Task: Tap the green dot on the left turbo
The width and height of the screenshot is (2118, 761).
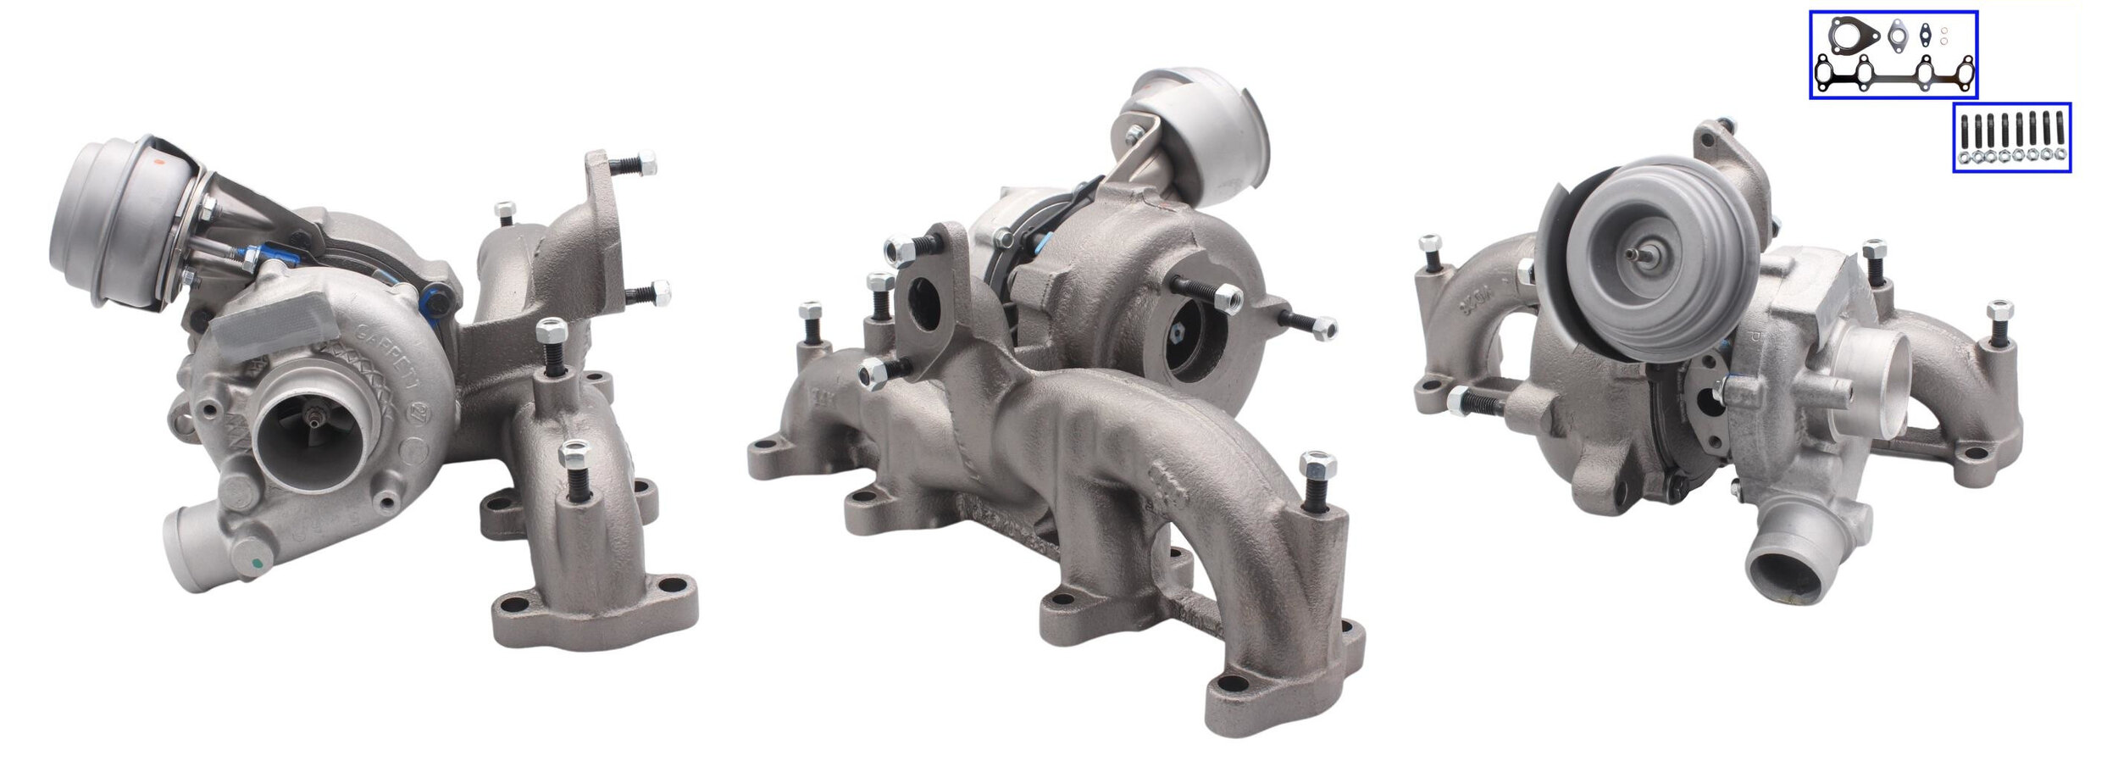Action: pyautogui.click(x=253, y=564)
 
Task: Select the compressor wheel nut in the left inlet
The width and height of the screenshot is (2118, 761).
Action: pyautogui.click(x=316, y=417)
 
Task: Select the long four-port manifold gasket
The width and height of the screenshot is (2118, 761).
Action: pyautogui.click(x=1893, y=74)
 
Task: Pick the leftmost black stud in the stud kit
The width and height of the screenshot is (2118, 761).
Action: pyautogui.click(x=1963, y=132)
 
